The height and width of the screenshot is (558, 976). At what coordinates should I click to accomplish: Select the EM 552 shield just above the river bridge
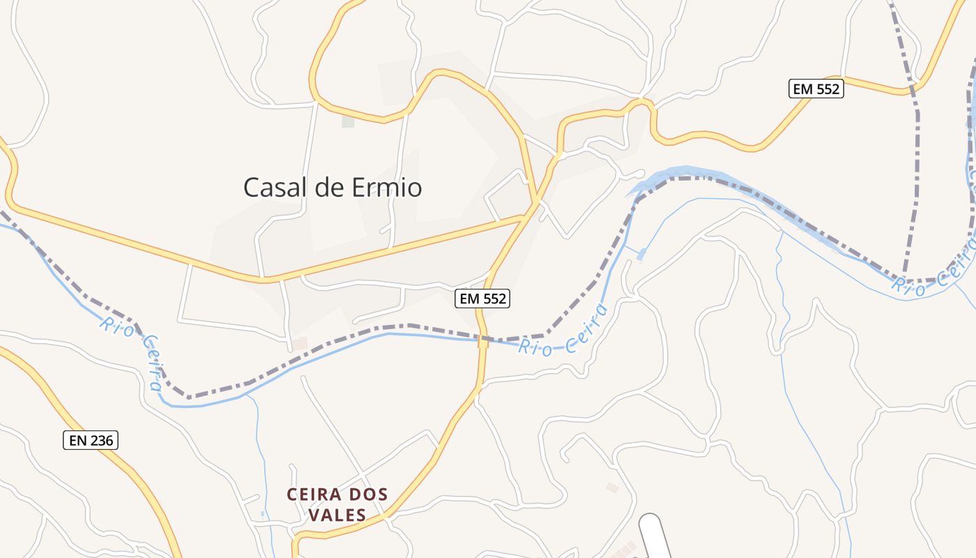(x=483, y=299)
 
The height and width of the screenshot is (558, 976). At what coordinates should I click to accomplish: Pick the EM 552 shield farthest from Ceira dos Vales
(x=816, y=89)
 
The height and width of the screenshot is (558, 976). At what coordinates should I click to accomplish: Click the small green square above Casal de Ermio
(x=348, y=121)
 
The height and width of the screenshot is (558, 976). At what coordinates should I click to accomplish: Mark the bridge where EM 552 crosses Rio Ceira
(x=482, y=341)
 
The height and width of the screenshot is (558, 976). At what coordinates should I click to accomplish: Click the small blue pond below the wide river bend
(x=641, y=254)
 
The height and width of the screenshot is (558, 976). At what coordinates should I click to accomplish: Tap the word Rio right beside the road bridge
(x=534, y=347)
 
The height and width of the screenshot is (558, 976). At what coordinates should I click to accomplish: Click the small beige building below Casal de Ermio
(x=300, y=343)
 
